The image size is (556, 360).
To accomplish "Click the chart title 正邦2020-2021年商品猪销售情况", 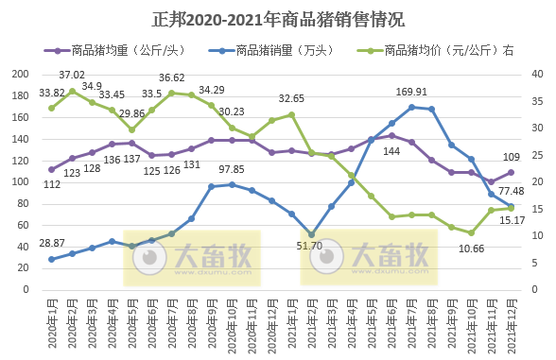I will (x=278, y=19).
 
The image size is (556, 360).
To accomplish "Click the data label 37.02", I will (x=72, y=75).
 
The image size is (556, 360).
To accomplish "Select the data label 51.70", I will (x=310, y=247).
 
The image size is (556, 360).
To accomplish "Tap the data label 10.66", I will (x=471, y=248).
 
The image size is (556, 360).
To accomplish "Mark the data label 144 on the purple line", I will (x=391, y=151).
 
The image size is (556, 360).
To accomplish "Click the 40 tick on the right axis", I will (x=536, y=75).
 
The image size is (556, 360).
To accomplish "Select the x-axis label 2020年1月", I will (x=52, y=324).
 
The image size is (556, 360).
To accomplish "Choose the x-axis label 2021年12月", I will (x=511, y=324).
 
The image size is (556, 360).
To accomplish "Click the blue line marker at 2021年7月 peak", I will (x=411, y=107).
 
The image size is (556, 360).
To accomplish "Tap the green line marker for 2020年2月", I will (x=72, y=91).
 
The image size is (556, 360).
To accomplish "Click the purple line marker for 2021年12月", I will (x=511, y=172).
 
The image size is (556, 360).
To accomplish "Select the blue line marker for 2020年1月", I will (x=52, y=259).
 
